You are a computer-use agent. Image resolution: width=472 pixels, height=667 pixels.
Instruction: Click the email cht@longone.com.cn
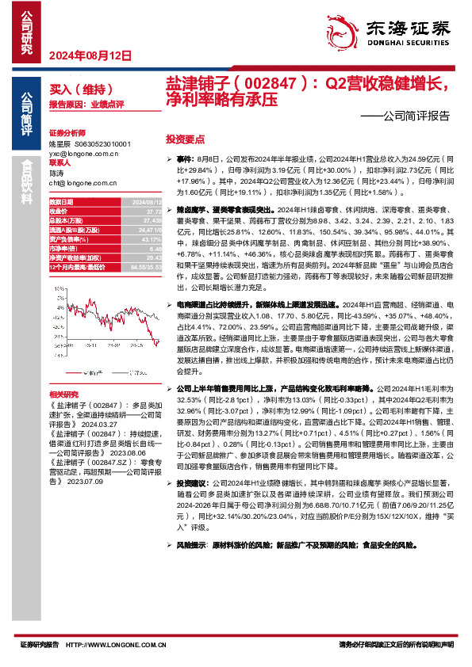point(83,182)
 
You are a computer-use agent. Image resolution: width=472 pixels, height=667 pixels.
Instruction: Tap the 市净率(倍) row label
point(62,248)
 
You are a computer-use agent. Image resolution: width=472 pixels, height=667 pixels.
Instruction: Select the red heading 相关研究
point(63,394)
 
